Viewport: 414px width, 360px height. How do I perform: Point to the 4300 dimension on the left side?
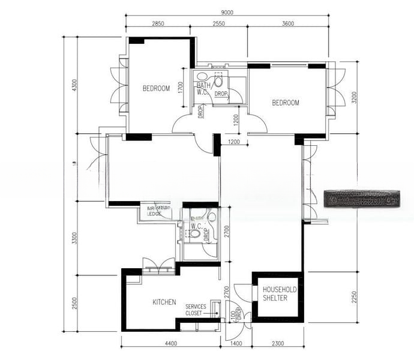(74, 85)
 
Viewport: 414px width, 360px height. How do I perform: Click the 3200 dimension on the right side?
(353, 97)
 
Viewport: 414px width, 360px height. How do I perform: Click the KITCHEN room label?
(164, 302)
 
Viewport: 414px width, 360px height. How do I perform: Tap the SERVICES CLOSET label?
(196, 310)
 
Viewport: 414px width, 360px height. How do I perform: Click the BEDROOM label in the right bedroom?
(285, 103)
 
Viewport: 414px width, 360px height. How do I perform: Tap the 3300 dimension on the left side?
(74, 238)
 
